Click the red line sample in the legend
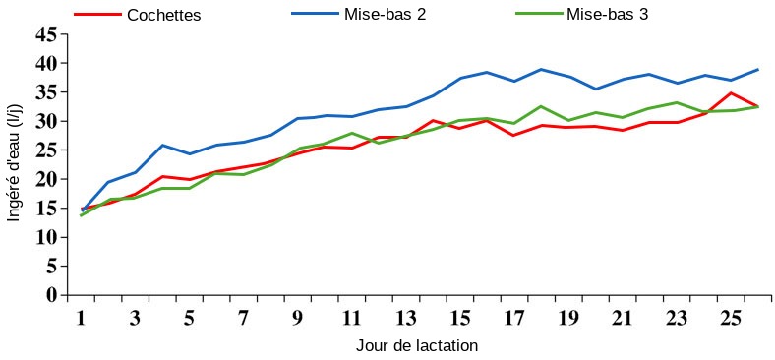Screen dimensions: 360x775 (x=98, y=15)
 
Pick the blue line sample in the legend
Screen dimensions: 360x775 (x=316, y=15)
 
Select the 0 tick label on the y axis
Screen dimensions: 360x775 (x=52, y=295)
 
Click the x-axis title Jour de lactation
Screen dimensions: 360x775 (x=417, y=346)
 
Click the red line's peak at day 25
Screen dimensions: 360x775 (x=730, y=93)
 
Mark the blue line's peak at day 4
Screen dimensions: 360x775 (x=162, y=145)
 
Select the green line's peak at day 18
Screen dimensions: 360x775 (x=541, y=106)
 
